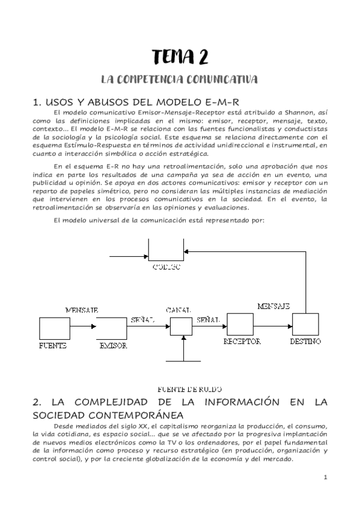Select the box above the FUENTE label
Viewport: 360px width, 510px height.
point(54,328)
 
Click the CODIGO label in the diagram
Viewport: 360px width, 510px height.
point(165,266)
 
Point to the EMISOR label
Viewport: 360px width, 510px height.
point(113,346)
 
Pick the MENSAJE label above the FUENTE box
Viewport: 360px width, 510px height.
point(81,310)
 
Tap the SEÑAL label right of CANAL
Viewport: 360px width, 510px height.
point(207,320)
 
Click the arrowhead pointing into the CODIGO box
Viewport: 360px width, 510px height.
point(187,251)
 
